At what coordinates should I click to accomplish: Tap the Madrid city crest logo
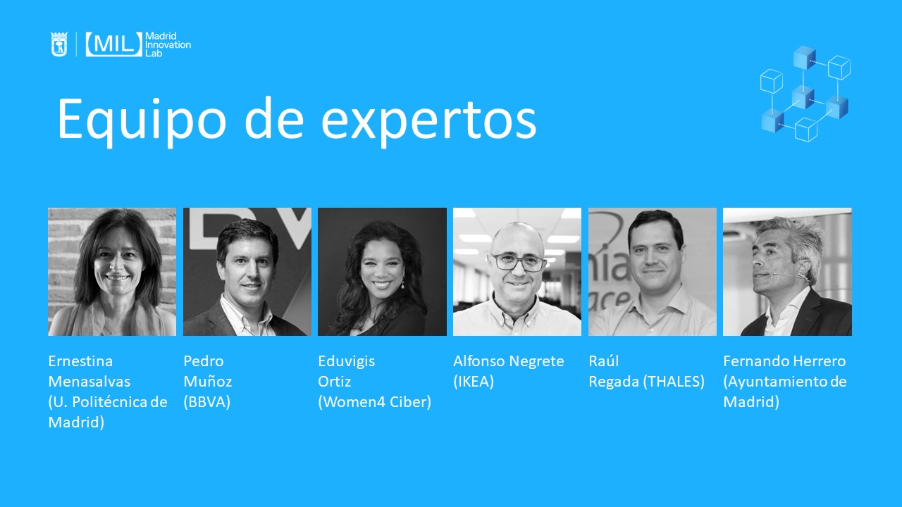click(x=58, y=44)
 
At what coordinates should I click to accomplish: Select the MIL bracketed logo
click(x=114, y=44)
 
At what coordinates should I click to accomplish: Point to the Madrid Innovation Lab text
click(x=168, y=44)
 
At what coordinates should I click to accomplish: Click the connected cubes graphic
click(x=805, y=94)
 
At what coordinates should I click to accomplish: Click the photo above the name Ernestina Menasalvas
click(x=112, y=272)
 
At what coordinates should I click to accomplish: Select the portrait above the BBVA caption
click(x=247, y=272)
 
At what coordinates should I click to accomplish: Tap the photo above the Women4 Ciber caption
click(x=382, y=272)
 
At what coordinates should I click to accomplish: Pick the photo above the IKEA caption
click(x=517, y=272)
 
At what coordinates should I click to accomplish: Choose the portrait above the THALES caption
click(x=653, y=272)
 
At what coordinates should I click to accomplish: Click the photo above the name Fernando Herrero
click(x=787, y=272)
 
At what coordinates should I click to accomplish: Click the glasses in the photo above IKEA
click(x=518, y=262)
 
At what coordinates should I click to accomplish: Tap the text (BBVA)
click(x=207, y=402)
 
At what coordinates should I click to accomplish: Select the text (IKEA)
click(x=474, y=382)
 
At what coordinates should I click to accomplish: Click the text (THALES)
click(x=674, y=382)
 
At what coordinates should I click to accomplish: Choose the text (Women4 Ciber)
click(x=374, y=402)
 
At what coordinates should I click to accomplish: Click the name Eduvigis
click(x=346, y=361)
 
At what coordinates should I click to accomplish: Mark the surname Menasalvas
click(x=89, y=382)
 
